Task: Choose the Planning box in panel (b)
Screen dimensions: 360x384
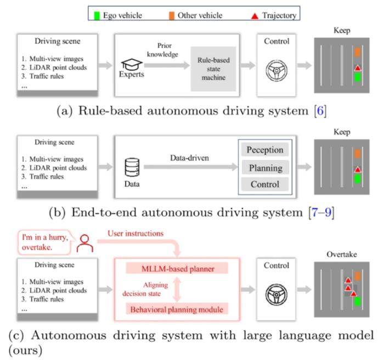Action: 265,168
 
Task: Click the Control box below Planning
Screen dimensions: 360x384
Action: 265,185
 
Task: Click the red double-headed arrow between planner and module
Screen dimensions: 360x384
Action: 177,288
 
